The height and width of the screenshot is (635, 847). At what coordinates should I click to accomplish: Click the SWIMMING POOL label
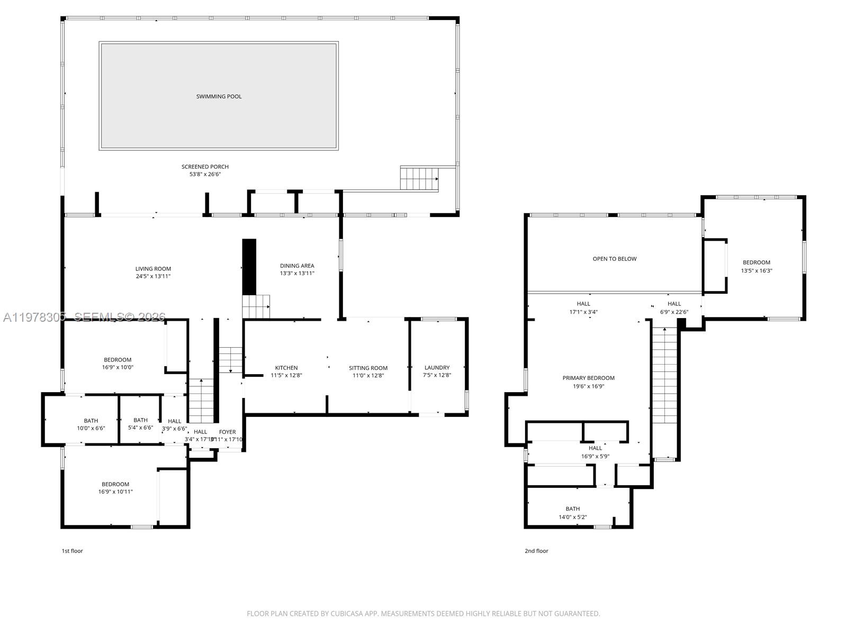point(219,96)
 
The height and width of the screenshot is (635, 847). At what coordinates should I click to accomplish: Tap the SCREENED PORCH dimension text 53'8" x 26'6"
point(205,174)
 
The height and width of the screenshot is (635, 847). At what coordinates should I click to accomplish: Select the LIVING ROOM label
point(153,269)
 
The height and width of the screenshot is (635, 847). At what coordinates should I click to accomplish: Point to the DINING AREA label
point(297,266)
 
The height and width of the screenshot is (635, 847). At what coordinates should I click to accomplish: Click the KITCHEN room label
point(286,368)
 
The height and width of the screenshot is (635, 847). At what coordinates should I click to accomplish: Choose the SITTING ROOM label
point(368,368)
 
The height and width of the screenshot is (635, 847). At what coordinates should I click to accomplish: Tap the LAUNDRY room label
point(437,368)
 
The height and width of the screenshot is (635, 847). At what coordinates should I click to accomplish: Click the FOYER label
point(228,432)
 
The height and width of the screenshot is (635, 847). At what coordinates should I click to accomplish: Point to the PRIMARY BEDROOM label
point(588,378)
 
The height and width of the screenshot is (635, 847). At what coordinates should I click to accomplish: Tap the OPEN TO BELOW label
point(614,259)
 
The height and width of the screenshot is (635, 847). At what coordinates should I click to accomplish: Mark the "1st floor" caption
point(73,551)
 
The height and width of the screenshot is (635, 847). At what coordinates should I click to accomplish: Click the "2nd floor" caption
point(536,551)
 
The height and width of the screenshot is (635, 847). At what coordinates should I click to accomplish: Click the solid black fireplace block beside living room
point(249,267)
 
